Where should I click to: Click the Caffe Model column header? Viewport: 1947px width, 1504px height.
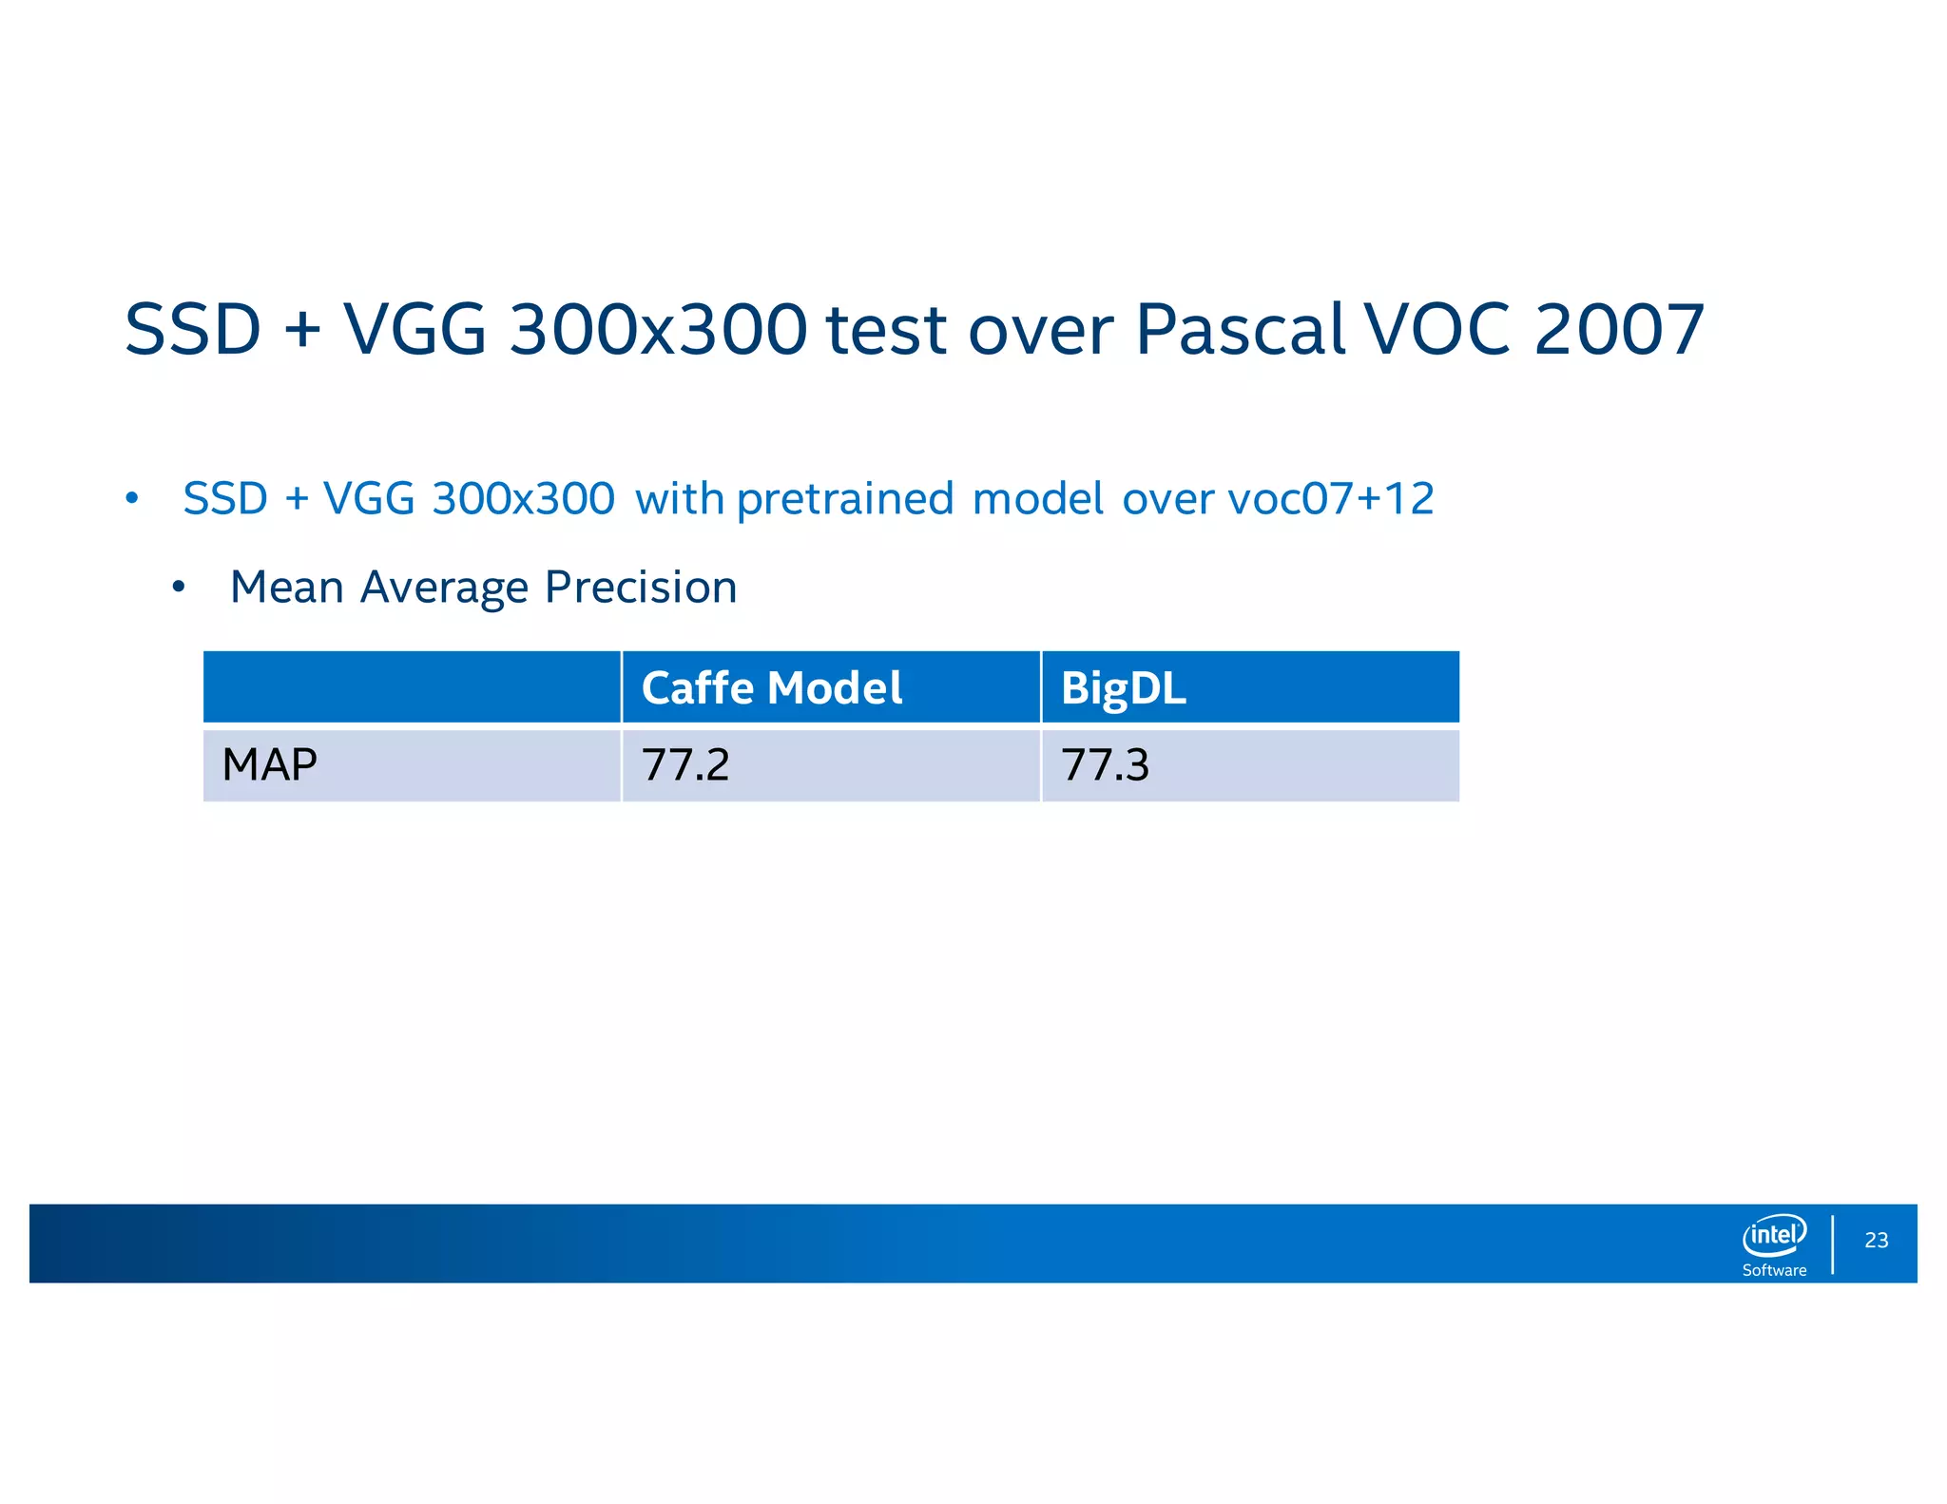771,688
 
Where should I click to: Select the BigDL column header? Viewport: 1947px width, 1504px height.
1123,688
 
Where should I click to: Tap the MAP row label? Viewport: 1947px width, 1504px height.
269,764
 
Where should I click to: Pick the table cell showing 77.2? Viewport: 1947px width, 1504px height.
685,764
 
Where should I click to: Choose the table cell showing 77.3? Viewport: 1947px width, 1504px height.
1105,764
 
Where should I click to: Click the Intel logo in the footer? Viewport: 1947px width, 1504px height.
1774,1235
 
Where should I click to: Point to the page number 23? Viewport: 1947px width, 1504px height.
1877,1240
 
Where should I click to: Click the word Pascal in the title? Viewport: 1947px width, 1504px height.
1241,330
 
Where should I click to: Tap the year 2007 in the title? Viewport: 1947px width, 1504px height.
1619,330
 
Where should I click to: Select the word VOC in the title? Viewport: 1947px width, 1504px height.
1437,330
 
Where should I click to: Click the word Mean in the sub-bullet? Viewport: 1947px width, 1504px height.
286,588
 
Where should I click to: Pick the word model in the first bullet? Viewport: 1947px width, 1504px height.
1038,499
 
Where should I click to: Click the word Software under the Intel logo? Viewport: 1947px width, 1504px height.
1774,1270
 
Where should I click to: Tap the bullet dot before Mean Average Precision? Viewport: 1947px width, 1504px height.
178,588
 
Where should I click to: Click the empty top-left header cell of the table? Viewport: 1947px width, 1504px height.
412,687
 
